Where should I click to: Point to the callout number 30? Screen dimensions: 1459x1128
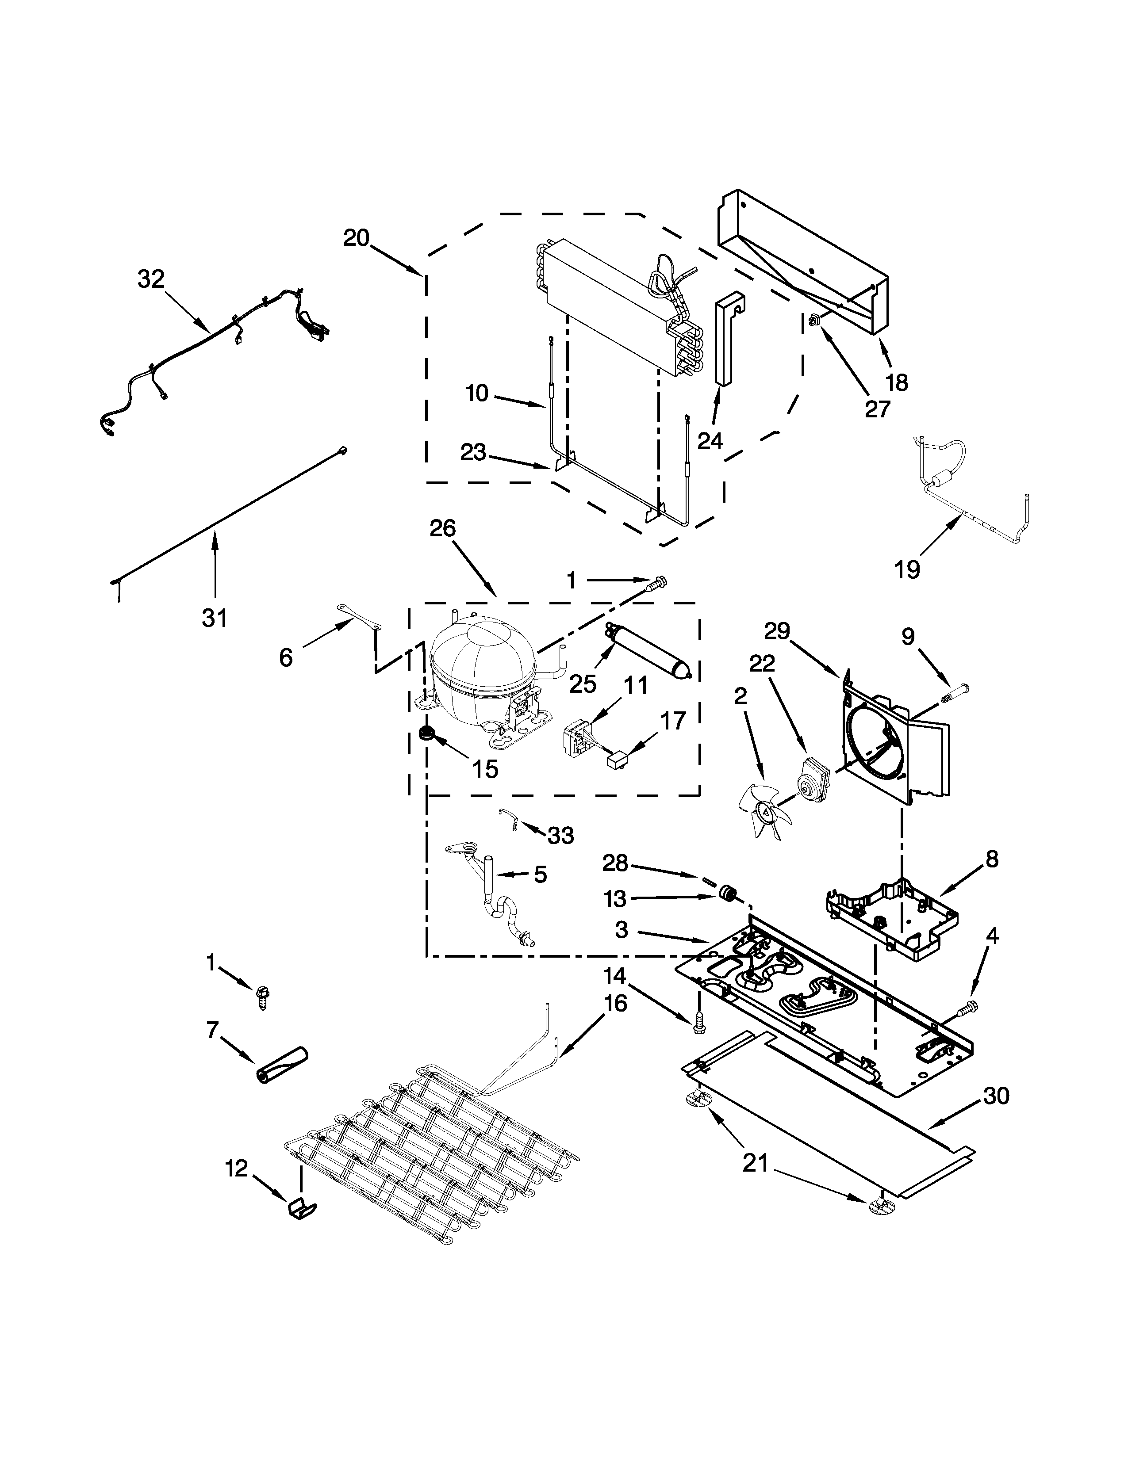tap(996, 1096)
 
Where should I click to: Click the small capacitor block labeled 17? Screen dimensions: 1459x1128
tap(618, 759)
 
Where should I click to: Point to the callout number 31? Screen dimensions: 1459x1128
tap(215, 619)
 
